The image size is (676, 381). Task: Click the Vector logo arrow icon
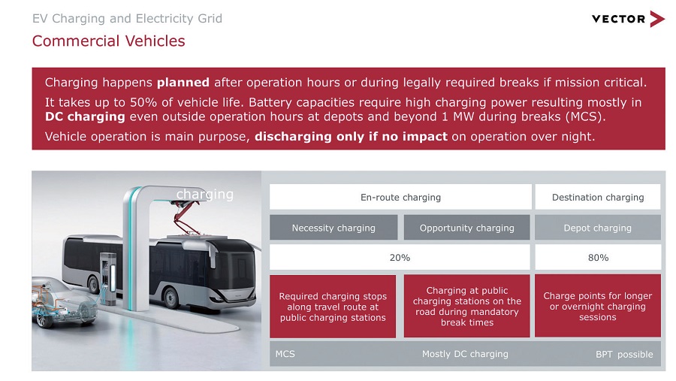tap(657, 19)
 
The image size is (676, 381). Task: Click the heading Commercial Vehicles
tap(109, 41)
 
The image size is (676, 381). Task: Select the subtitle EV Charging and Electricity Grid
tap(127, 19)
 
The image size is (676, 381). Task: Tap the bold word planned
tap(183, 83)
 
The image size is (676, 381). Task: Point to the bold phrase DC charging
tap(85, 117)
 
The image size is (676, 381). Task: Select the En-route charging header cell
tap(400, 197)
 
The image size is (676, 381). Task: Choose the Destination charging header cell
tap(598, 197)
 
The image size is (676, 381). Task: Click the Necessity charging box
tap(333, 228)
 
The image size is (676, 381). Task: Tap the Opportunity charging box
tap(467, 228)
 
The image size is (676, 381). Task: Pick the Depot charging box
tap(598, 228)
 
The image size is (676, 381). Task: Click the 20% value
tap(400, 258)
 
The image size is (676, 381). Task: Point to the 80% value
tap(598, 258)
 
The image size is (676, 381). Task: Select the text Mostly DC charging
tap(465, 354)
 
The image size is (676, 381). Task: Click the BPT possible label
tap(624, 354)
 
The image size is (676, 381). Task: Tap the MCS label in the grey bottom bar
tap(285, 354)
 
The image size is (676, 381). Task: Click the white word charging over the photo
tap(205, 194)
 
